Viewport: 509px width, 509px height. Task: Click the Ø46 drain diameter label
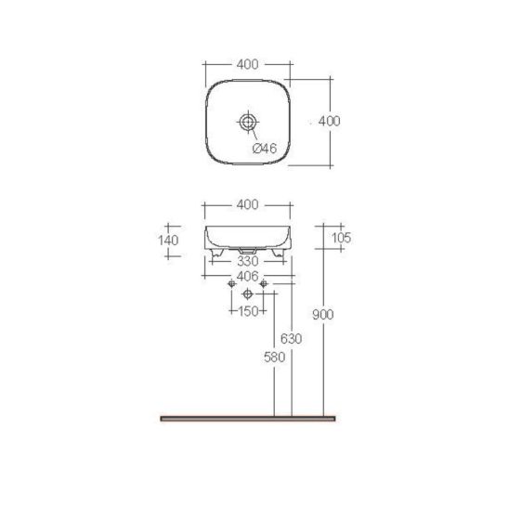[x=265, y=149]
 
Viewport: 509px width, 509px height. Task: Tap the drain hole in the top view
[x=248, y=122]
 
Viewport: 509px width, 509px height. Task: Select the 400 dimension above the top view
[x=248, y=64]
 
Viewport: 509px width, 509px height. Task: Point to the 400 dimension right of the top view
[x=329, y=121]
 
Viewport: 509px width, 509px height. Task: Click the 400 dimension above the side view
[x=248, y=204]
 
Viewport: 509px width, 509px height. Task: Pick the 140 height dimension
[x=168, y=241]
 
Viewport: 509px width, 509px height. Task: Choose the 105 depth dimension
[x=341, y=238]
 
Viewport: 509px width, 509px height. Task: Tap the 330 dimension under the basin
[x=248, y=261]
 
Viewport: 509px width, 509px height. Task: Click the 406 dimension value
[x=248, y=276]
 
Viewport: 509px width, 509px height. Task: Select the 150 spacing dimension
[x=248, y=311]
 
